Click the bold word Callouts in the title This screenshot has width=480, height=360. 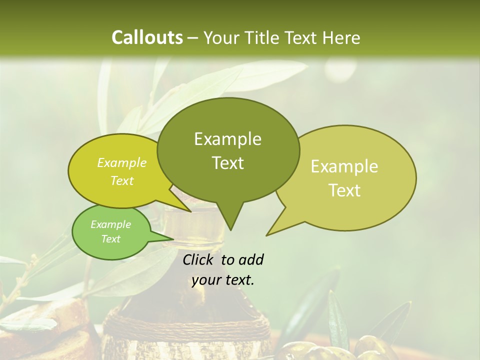147,37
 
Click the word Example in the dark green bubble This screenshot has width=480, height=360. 227,139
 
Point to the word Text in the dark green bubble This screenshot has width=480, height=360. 227,163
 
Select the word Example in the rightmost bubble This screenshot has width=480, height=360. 344,166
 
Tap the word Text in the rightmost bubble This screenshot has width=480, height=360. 344,190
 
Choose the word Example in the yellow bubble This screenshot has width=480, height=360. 122,163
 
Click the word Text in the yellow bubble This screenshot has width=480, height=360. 122,181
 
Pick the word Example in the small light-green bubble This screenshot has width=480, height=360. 110,224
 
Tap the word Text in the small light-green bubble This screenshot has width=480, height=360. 110,239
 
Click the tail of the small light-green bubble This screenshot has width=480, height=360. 170,238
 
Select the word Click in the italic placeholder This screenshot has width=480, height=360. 198,259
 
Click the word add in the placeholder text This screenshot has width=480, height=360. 251,259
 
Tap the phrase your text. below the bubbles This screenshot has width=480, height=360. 223,280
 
